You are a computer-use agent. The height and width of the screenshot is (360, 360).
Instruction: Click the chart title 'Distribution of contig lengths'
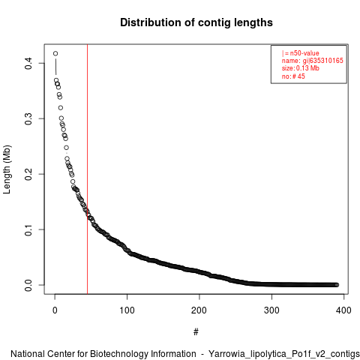click(196, 22)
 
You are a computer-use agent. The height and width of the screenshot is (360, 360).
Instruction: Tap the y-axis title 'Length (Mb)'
click(7, 169)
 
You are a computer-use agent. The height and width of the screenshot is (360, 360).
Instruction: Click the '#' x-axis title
click(196, 332)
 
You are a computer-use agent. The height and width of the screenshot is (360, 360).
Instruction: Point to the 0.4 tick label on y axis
click(28, 63)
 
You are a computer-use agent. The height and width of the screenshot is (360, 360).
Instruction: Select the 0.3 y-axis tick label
click(28, 118)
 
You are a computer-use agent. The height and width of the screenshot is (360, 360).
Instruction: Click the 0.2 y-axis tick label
click(28, 174)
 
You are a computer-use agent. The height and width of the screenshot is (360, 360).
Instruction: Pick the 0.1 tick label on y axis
click(28, 229)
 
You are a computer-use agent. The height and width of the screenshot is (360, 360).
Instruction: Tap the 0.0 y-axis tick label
click(28, 285)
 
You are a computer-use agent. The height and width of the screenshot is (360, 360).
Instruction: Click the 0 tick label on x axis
click(55, 310)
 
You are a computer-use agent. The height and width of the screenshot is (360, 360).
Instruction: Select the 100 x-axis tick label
click(127, 310)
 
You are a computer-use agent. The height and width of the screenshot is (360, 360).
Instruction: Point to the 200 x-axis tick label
click(199, 310)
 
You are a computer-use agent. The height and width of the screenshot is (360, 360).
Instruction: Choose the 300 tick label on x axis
click(271, 310)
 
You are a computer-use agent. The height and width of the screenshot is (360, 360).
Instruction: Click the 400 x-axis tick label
click(343, 310)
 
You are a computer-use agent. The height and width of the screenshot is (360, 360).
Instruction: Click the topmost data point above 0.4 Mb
click(55, 53)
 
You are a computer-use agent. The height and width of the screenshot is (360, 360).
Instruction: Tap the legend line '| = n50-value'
click(301, 53)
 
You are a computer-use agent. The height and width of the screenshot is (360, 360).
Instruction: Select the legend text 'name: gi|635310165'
click(313, 61)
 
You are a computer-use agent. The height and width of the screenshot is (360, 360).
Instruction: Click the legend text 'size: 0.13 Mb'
click(301, 68)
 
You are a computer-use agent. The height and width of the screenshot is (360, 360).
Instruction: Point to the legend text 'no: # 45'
click(293, 76)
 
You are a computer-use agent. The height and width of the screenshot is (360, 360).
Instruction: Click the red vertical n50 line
click(87, 169)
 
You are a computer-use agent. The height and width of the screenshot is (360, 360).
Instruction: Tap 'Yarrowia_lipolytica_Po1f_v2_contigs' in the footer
click(284, 354)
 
